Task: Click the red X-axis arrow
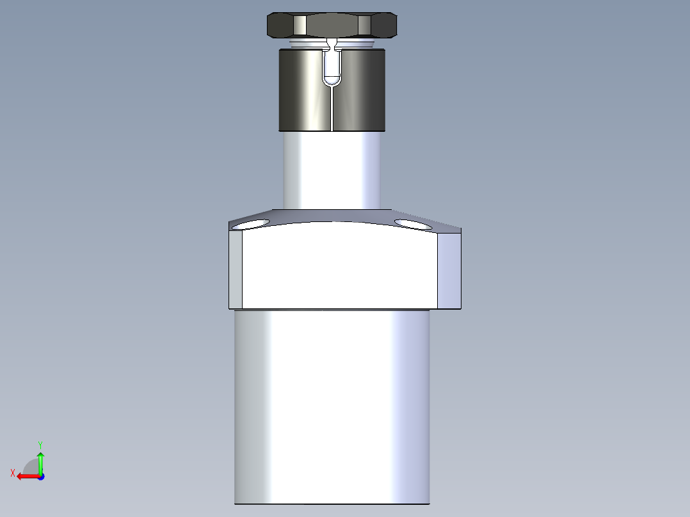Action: (26, 476)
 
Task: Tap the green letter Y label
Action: (40, 444)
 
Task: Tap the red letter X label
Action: (13, 473)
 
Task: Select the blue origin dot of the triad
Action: (40, 476)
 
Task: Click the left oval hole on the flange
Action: (251, 225)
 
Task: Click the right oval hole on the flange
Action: (414, 224)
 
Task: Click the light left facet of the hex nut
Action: (300, 26)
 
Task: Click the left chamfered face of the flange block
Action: (236, 269)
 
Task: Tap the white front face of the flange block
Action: (339, 266)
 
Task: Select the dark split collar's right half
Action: (362, 90)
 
